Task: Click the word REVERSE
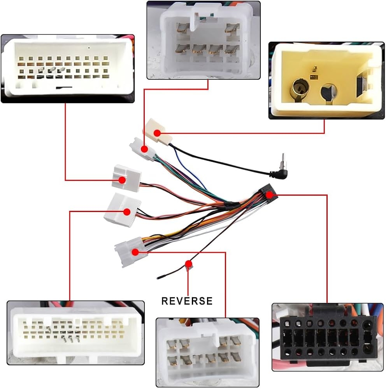[x=187, y=301]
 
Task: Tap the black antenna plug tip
[x=284, y=158]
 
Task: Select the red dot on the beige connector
[x=158, y=133]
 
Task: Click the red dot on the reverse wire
[x=189, y=263]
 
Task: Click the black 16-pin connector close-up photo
[x=327, y=337]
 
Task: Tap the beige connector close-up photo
[x=326, y=81]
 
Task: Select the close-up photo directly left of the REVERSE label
[x=75, y=333]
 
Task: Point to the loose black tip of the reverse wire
[x=160, y=277]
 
